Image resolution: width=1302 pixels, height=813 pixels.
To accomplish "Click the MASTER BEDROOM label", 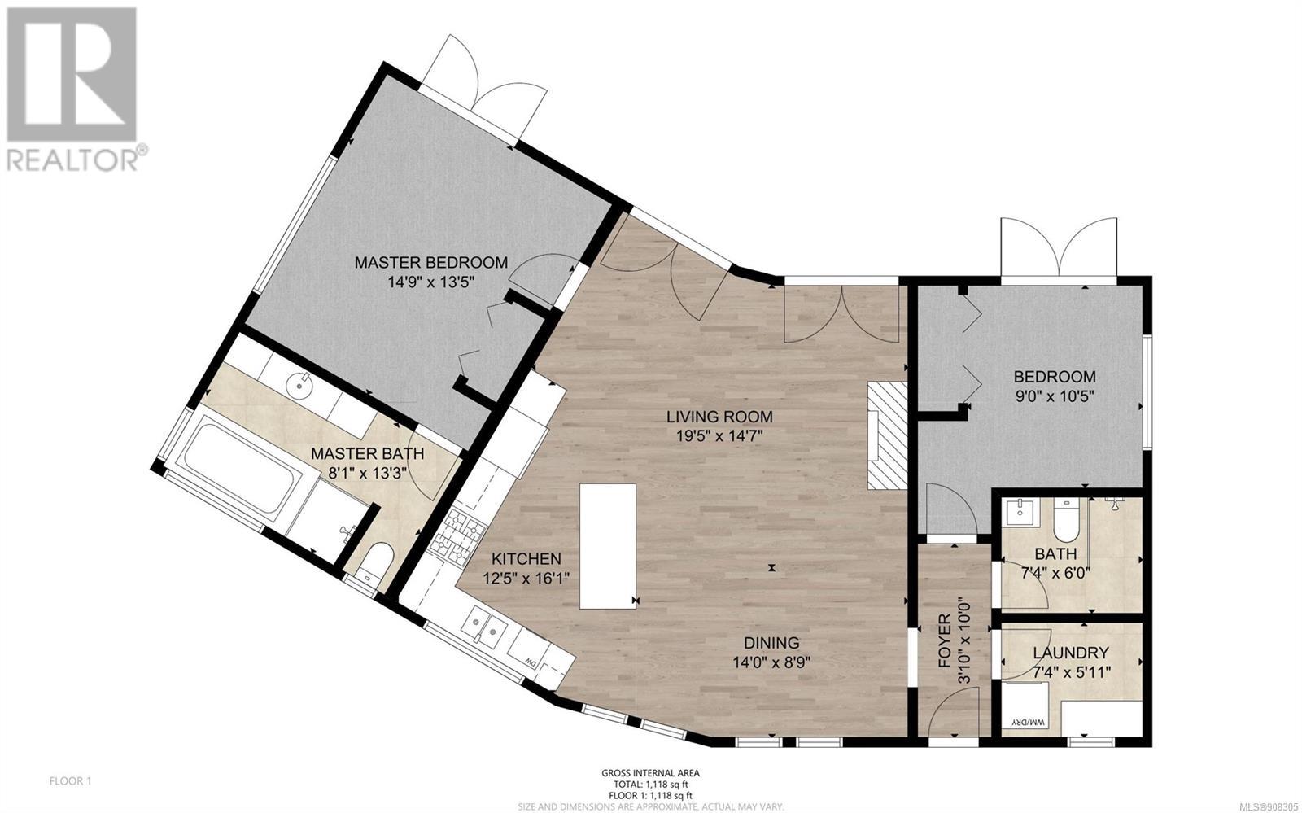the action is pyautogui.click(x=430, y=263).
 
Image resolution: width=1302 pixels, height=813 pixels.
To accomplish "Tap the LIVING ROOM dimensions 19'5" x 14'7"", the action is pyautogui.click(x=719, y=436).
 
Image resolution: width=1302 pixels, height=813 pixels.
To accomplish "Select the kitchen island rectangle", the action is pyautogui.click(x=607, y=546).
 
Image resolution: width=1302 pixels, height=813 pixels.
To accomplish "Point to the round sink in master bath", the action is pyautogui.click(x=300, y=384).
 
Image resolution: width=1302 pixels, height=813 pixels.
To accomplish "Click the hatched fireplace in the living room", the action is pyautogui.click(x=888, y=435).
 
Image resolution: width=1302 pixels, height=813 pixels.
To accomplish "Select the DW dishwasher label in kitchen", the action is pyautogui.click(x=530, y=662).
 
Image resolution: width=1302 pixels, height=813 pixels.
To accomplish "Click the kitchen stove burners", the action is pyautogui.click(x=459, y=537).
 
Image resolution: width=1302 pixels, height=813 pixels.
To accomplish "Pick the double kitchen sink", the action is pyautogui.click(x=484, y=628).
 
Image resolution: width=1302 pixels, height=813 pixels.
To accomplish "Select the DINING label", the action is pyautogui.click(x=772, y=643).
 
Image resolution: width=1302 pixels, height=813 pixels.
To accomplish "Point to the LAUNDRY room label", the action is pyautogui.click(x=1071, y=653).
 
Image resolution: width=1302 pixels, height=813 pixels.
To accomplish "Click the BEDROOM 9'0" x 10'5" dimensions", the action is pyautogui.click(x=1055, y=397).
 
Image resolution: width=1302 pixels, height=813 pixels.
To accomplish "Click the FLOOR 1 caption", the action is pyautogui.click(x=70, y=781).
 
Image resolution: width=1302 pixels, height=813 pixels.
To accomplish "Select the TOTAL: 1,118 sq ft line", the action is pyautogui.click(x=650, y=785).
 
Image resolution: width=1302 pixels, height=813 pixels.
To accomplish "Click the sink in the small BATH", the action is pyautogui.click(x=1020, y=511).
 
